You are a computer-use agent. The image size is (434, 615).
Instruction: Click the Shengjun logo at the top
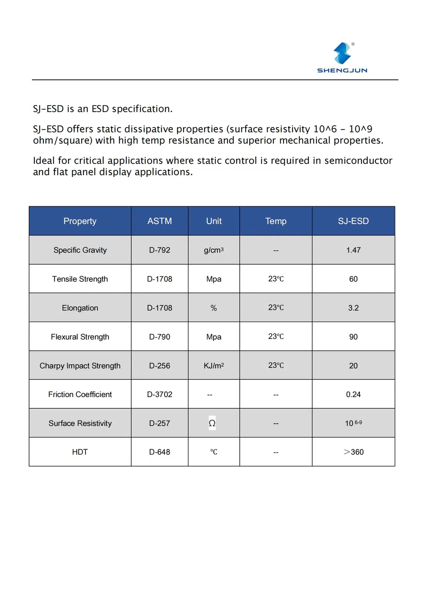[342, 58]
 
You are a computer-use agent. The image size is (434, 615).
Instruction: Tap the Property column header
[80, 221]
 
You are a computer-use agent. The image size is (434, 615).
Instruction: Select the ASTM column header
[159, 221]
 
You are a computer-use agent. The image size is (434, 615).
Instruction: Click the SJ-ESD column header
[353, 221]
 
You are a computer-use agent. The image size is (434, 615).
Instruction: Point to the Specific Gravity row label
[80, 250]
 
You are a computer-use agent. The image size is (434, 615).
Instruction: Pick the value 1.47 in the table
[353, 250]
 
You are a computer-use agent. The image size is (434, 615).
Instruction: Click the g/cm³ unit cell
[214, 250]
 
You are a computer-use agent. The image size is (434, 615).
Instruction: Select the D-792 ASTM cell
[159, 250]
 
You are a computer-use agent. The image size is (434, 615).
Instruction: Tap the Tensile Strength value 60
[353, 279]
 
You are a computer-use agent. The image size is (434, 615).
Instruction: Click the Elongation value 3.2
[353, 308]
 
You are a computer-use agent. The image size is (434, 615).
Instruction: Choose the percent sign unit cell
[214, 308]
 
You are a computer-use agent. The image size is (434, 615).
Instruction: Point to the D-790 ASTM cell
[159, 337]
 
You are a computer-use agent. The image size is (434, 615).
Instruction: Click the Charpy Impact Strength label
[80, 366]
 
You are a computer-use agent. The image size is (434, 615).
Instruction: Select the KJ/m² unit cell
[214, 366]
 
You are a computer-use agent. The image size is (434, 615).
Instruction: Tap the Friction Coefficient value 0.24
[353, 395]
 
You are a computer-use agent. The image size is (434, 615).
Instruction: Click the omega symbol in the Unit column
[212, 423]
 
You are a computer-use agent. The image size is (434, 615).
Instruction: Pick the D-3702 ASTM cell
[159, 395]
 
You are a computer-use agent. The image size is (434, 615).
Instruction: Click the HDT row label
[80, 452]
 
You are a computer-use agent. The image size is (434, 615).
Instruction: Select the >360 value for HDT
[354, 452]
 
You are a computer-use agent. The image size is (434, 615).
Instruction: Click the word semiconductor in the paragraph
[358, 160]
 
